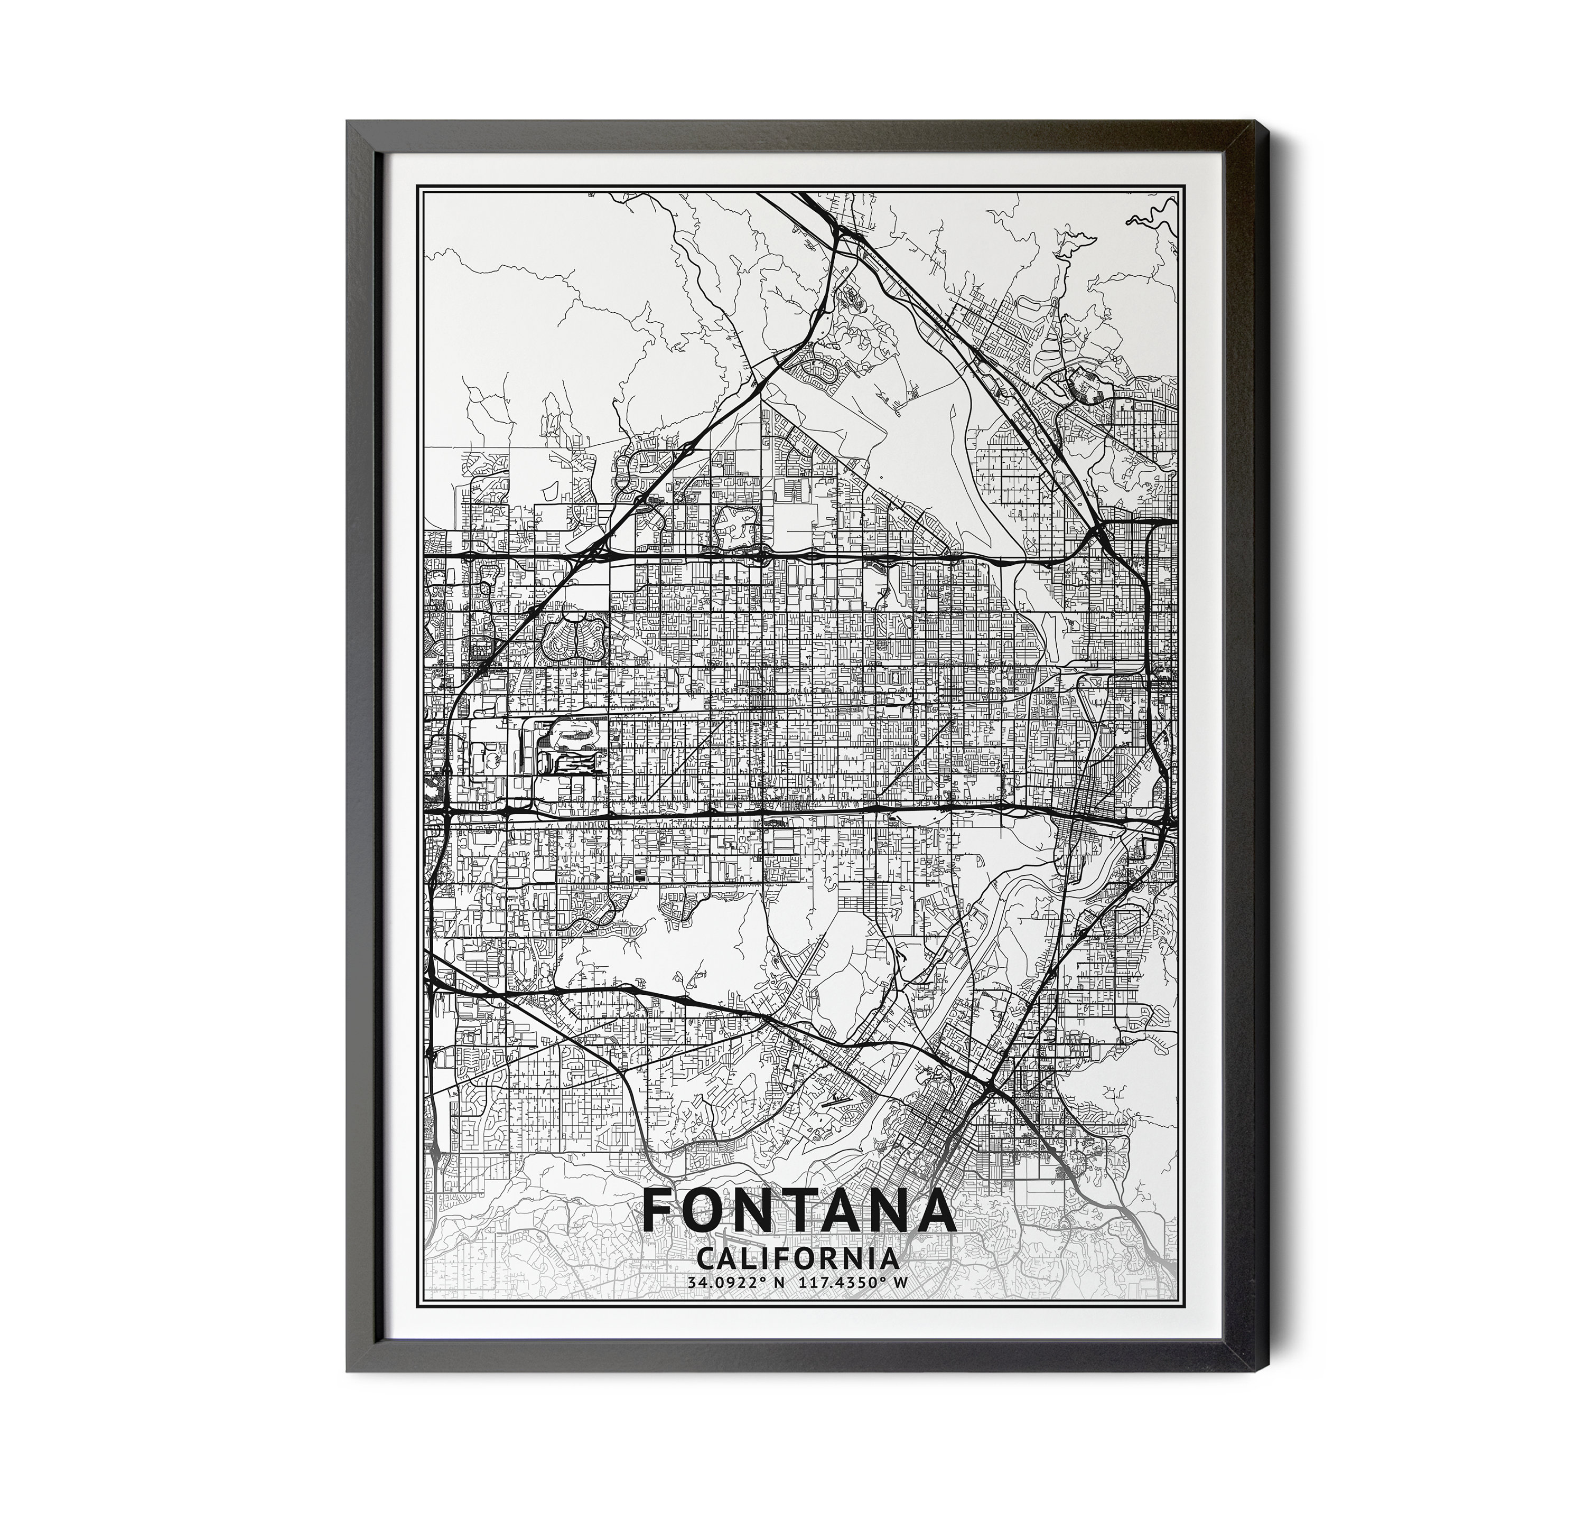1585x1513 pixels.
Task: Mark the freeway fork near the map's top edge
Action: [x=839, y=234]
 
